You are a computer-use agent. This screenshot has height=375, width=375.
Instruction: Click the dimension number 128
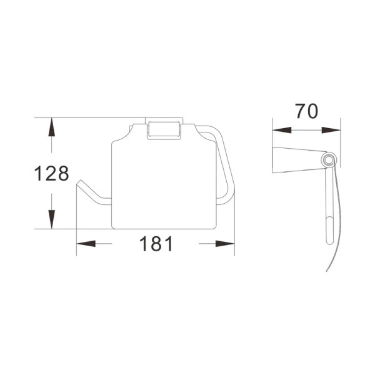tap(52, 173)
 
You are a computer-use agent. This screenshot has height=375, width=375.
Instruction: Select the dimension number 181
tap(156, 244)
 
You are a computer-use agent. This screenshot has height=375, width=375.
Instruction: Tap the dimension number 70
tap(307, 111)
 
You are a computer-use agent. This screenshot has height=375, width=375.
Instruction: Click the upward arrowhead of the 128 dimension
tap(52, 127)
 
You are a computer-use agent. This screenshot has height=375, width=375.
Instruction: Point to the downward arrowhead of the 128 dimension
tap(52, 219)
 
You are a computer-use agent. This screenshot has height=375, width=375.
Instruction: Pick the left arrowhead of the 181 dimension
tap(86, 244)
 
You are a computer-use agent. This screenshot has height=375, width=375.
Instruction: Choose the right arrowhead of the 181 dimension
tap(225, 244)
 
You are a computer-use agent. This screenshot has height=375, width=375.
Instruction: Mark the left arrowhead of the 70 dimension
tap(282, 130)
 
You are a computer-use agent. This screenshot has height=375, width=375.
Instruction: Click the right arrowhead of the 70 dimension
tap(331, 130)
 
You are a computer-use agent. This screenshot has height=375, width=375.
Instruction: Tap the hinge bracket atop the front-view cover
tap(164, 128)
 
